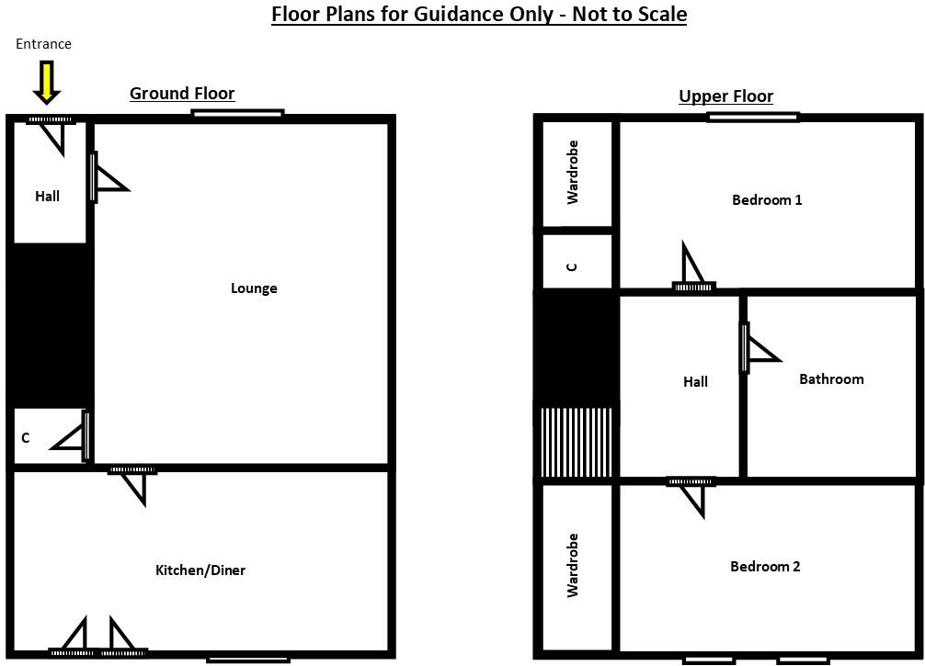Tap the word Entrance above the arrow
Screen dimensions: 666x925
43,44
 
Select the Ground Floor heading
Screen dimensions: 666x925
181,93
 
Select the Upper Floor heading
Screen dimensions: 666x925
725,96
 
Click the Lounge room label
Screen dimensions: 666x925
254,288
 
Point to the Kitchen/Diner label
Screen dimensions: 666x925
200,570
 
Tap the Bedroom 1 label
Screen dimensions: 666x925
767,199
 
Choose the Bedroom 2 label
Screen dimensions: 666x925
765,567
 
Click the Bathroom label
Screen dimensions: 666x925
831,379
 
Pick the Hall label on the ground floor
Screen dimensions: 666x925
47,196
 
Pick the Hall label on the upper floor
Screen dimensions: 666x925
695,381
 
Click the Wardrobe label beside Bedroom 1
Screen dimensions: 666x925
573,172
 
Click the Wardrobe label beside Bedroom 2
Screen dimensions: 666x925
573,565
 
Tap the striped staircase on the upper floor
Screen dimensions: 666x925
576,443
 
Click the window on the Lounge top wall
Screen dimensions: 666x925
237,114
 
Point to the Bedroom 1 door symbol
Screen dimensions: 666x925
692,269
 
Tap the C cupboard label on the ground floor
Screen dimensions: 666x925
26,438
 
